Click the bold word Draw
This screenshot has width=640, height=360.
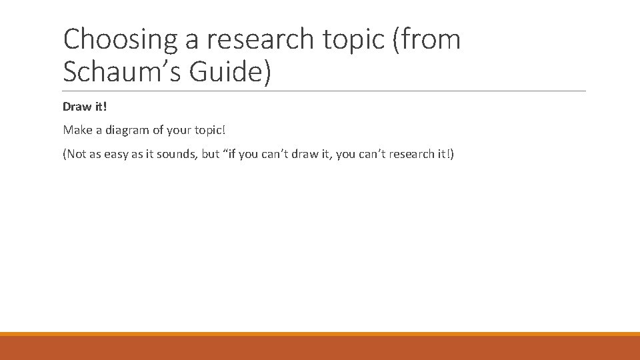point(77,107)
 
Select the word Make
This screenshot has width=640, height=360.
point(77,131)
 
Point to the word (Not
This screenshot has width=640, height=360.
point(74,155)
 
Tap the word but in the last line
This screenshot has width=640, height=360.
point(211,155)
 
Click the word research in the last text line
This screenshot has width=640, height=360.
point(409,155)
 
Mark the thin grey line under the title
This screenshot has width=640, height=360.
point(325,91)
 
